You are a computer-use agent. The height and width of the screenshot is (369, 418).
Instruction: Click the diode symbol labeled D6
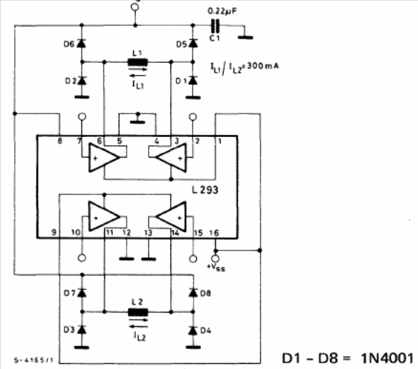click(81, 43)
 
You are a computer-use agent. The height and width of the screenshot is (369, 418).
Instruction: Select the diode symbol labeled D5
click(193, 43)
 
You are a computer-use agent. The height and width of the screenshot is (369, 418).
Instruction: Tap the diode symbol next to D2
click(81, 81)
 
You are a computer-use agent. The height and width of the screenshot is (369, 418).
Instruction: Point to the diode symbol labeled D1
click(193, 80)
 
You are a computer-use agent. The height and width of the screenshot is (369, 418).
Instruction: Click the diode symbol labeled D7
click(82, 293)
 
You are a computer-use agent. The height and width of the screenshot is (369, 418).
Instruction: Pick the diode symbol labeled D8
click(193, 293)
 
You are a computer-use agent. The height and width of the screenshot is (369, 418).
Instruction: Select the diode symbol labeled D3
click(82, 330)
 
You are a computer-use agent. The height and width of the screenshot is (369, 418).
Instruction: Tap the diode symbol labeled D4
click(193, 330)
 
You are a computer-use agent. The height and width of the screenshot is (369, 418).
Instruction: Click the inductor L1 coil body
click(138, 62)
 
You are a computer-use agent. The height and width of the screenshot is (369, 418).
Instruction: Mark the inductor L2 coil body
click(138, 312)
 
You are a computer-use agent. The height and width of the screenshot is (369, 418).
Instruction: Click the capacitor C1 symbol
click(215, 26)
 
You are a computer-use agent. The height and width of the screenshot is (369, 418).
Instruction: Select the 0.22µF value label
click(222, 11)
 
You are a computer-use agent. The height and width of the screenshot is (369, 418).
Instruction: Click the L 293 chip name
click(205, 190)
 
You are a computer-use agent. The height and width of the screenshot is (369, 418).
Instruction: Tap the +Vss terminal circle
click(215, 258)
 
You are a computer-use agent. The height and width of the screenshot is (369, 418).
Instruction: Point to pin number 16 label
click(214, 233)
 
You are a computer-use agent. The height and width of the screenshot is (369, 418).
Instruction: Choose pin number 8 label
click(60, 141)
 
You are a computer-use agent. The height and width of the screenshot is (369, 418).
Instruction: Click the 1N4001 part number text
click(387, 358)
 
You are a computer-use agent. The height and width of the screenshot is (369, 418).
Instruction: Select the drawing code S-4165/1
click(34, 360)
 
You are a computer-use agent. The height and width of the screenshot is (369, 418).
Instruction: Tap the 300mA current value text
click(263, 66)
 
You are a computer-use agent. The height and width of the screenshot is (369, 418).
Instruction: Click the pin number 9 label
click(54, 233)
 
